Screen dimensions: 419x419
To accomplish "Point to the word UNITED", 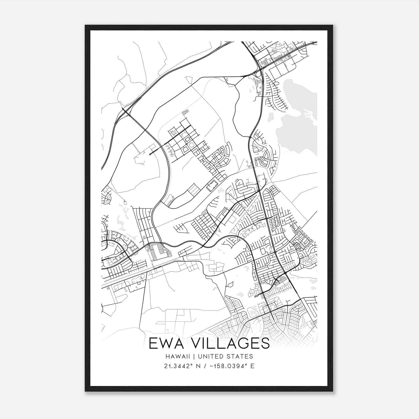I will (208, 356).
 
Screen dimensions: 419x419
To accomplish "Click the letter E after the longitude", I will (252, 366).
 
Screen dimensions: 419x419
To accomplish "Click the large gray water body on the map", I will (293, 134).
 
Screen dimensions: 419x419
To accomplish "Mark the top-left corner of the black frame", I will (85, 25).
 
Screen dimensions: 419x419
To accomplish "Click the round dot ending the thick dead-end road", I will (150, 155).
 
